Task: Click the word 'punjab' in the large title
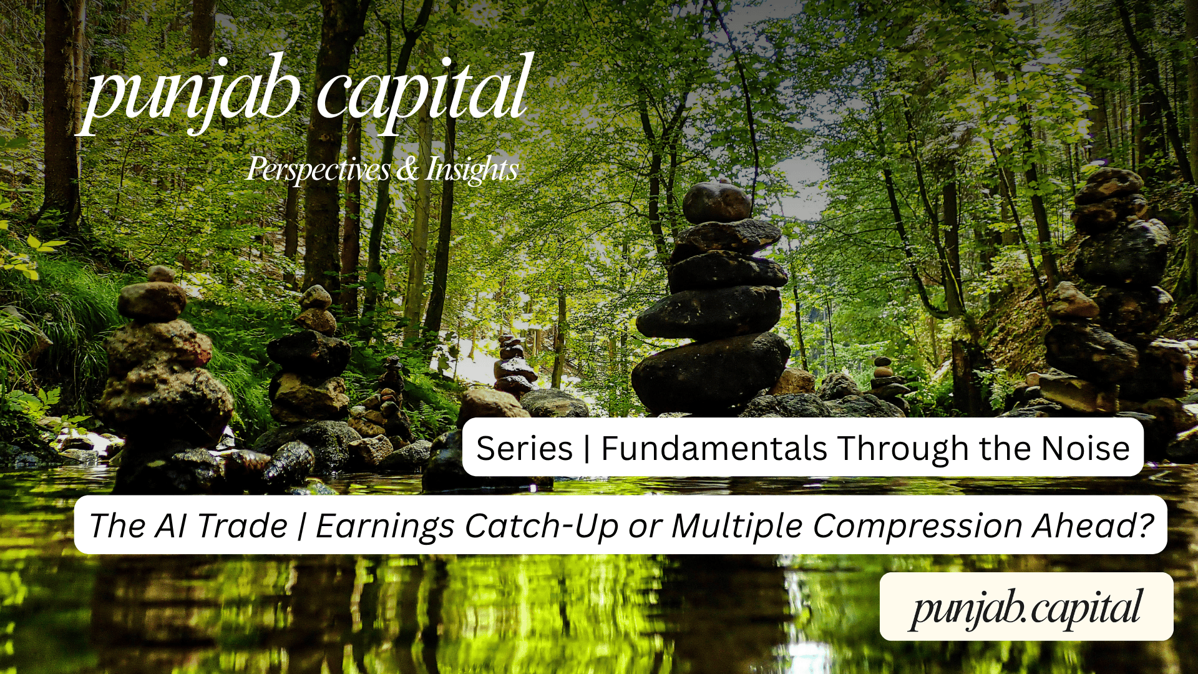click(190, 94)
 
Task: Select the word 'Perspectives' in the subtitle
click(318, 169)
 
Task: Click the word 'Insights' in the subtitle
click(472, 169)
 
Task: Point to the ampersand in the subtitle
click(407, 169)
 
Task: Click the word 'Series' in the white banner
click(524, 448)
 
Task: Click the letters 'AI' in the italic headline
click(171, 525)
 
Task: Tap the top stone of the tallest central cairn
click(716, 203)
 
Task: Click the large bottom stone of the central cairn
click(710, 371)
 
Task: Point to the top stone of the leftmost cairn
click(162, 274)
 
